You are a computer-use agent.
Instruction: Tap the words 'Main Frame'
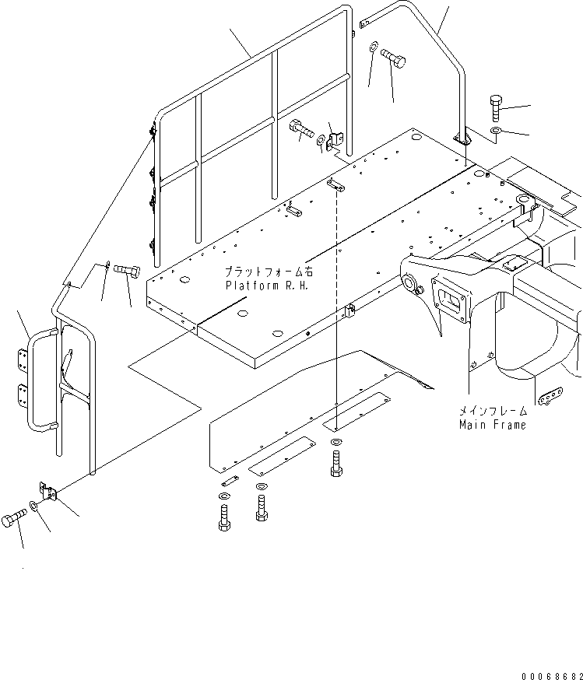point(492,425)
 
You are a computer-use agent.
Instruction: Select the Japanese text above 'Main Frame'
point(492,411)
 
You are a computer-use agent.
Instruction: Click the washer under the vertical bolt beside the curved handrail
point(496,128)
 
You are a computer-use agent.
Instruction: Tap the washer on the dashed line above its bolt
point(335,443)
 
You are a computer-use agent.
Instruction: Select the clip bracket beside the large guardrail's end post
point(335,138)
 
